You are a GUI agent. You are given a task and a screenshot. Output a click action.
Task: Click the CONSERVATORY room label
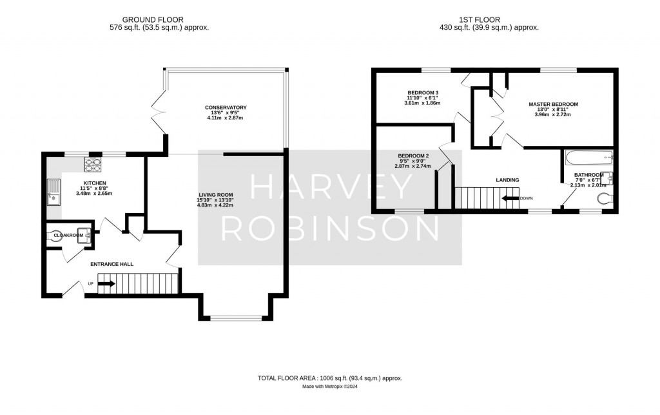(226, 107)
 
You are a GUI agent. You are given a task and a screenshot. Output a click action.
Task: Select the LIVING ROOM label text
(216, 195)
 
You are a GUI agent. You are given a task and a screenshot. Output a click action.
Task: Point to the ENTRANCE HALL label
(110, 263)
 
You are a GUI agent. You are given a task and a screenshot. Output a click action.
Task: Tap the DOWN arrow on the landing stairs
(512, 198)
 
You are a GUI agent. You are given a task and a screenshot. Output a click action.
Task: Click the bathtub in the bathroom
(588, 157)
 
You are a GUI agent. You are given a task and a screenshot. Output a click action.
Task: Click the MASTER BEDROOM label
(553, 104)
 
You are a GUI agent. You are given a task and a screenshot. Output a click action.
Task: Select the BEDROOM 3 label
(422, 92)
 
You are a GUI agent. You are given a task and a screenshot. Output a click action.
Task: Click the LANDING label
(507, 180)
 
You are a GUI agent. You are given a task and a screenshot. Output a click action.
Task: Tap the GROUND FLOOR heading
(159, 19)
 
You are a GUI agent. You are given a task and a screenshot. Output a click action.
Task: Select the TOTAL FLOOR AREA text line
(329, 378)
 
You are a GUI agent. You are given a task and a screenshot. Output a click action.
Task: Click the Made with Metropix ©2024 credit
(329, 387)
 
